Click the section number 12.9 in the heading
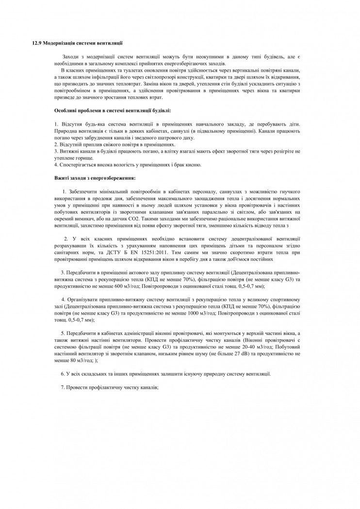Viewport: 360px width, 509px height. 36,43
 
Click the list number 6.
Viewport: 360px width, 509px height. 63,374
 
